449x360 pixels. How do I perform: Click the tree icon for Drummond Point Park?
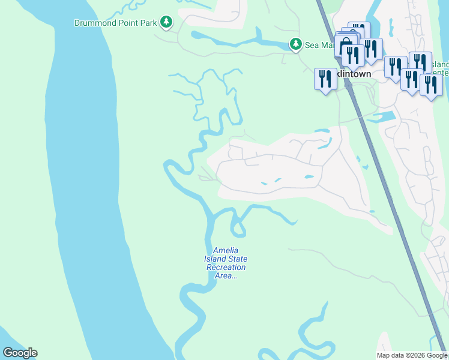(x=166, y=23)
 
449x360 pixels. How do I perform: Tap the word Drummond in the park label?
(x=94, y=23)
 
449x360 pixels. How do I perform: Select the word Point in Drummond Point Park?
(x=126, y=23)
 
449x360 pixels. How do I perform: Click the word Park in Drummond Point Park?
(x=148, y=23)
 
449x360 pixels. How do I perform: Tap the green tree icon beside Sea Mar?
(x=295, y=44)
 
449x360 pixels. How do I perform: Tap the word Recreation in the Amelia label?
(x=226, y=268)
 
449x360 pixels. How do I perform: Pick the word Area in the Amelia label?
(x=226, y=276)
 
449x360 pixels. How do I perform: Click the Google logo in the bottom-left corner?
(x=20, y=353)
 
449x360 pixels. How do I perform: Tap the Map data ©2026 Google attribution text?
(x=411, y=355)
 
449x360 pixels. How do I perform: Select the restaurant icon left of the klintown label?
(x=325, y=79)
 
